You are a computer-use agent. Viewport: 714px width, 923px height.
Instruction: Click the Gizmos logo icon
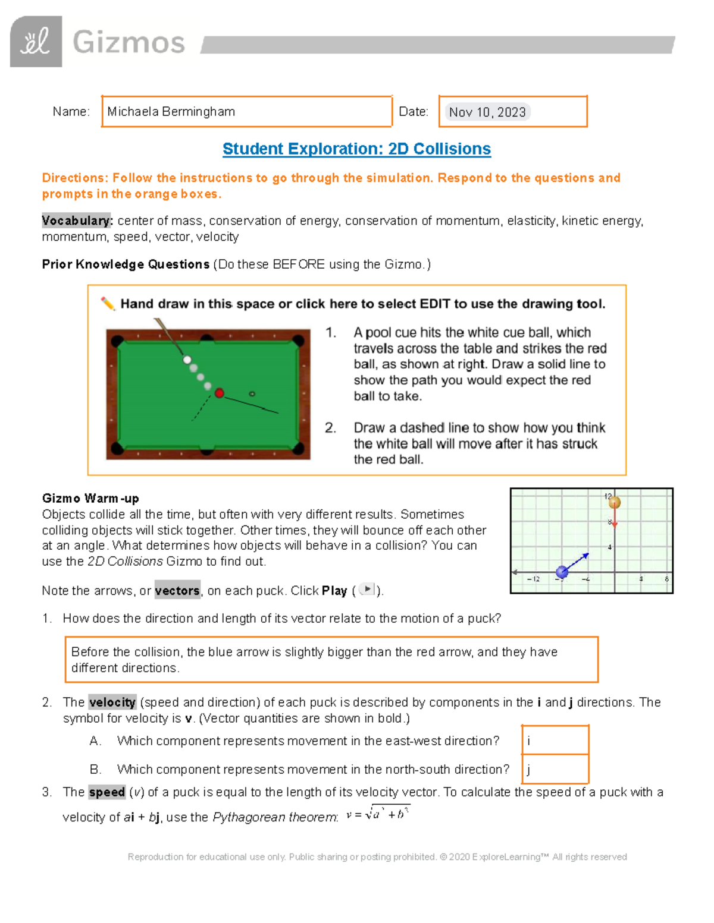point(36,42)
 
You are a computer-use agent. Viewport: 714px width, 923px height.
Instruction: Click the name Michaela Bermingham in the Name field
point(171,112)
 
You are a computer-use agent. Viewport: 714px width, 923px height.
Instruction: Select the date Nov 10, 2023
point(487,112)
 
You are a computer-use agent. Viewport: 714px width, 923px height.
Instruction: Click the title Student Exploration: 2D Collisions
point(356,149)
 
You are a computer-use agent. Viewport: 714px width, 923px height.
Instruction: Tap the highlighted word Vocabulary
point(77,220)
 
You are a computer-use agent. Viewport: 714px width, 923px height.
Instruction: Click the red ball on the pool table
point(219,393)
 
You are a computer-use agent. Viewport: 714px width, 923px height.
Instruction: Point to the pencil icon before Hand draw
point(108,304)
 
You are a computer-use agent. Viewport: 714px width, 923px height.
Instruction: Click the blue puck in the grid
point(562,572)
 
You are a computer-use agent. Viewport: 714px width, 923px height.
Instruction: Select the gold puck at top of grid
point(614,502)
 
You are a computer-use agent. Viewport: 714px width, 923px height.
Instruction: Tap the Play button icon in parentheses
point(368,589)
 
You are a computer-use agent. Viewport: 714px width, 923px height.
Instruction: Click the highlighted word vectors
point(177,591)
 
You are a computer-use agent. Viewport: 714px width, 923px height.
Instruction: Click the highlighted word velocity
point(112,702)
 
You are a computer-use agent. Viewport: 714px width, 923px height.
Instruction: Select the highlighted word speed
point(107,792)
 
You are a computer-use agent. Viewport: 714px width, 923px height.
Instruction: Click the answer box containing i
point(555,741)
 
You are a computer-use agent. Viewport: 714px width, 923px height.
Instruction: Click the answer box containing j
point(555,769)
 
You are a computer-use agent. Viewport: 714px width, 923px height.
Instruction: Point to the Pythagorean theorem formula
point(378,814)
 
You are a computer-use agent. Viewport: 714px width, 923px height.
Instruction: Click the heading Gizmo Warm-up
point(90,498)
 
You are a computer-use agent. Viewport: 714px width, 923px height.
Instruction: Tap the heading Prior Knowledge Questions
point(126,264)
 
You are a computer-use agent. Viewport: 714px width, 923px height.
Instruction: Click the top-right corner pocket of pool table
point(298,341)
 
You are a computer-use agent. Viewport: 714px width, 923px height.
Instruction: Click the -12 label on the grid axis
point(533,579)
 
